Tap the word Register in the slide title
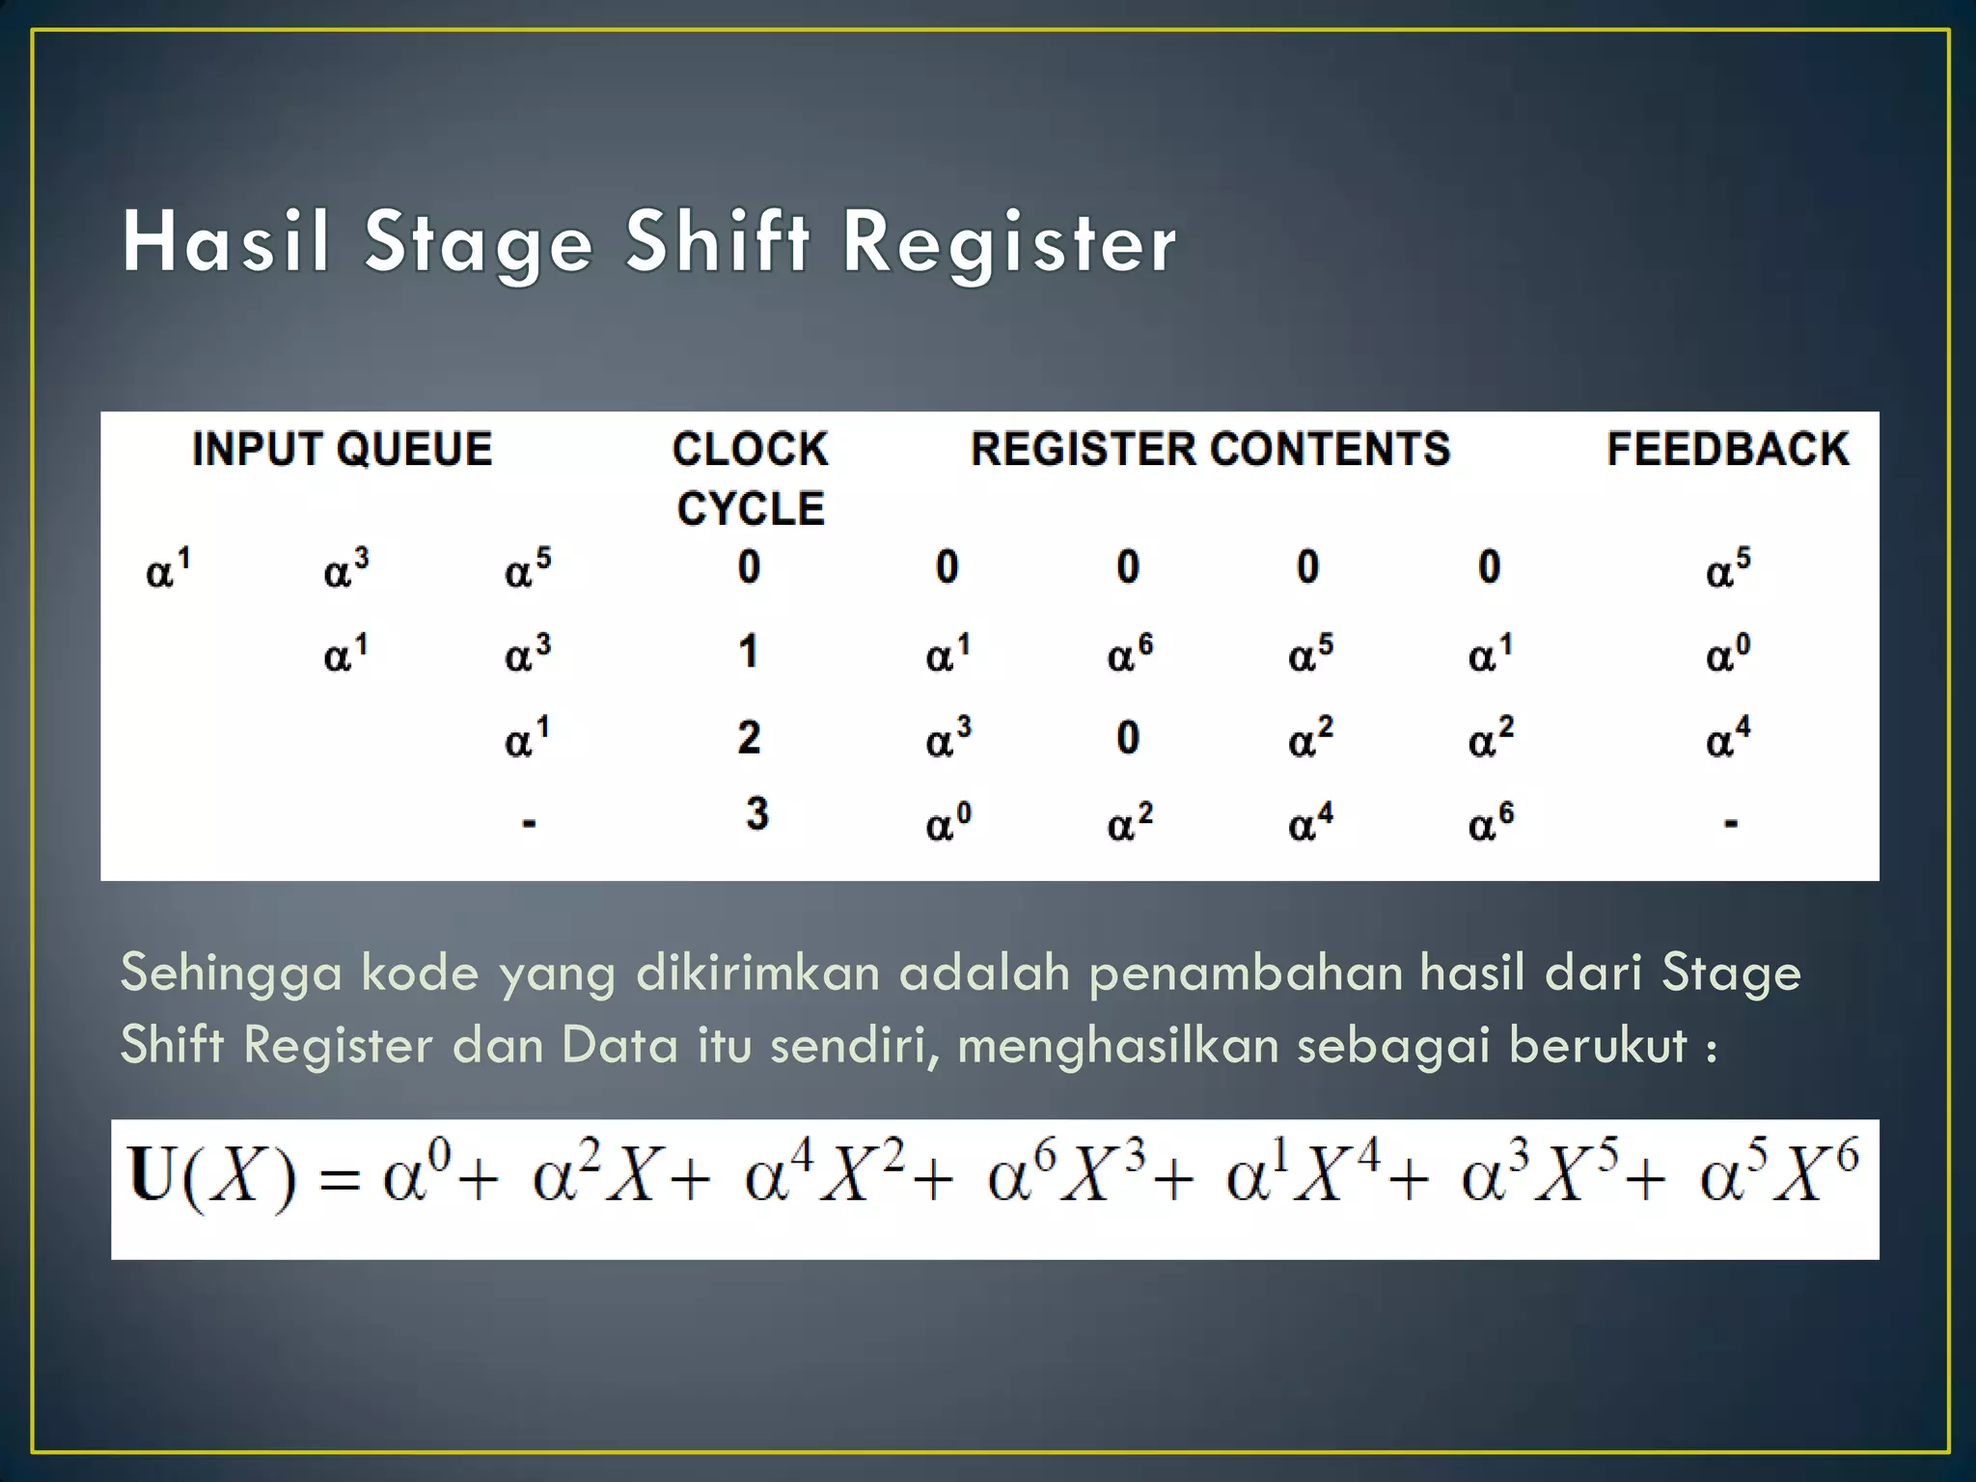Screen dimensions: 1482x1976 pyautogui.click(x=1009, y=243)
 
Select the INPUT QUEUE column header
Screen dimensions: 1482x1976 pyautogui.click(x=343, y=450)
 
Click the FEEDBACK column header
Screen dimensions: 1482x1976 pyautogui.click(x=1727, y=450)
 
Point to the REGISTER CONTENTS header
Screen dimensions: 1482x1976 pyautogui.click(x=1210, y=450)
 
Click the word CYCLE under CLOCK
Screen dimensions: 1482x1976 pyautogui.click(x=751, y=508)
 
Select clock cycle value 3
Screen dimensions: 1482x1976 pyautogui.click(x=757, y=813)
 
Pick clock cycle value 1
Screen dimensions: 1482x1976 pyautogui.click(x=749, y=652)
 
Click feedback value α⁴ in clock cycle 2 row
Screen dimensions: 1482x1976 pyautogui.click(x=1727, y=738)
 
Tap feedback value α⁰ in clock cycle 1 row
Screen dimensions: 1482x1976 pyautogui.click(x=1727, y=653)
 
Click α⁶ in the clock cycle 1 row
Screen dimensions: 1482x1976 pyautogui.click(x=1129, y=653)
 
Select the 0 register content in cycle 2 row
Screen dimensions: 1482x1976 pyautogui.click(x=1128, y=738)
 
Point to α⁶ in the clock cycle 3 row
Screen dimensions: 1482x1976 pyautogui.click(x=1491, y=822)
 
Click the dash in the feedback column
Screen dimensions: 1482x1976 pyautogui.click(x=1731, y=824)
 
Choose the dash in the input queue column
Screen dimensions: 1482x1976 pyautogui.click(x=529, y=824)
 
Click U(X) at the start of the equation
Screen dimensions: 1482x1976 pyautogui.click(x=212, y=1176)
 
